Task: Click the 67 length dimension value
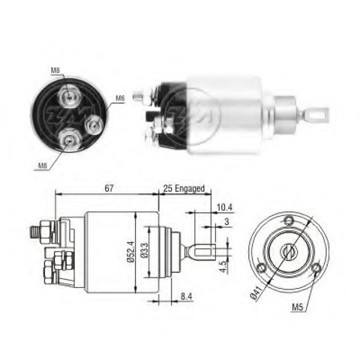click(109, 188)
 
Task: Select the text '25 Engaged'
click(184, 188)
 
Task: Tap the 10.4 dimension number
click(224, 207)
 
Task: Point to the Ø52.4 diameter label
click(130, 251)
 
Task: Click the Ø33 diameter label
click(144, 250)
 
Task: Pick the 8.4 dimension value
click(186, 296)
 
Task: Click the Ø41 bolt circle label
click(256, 292)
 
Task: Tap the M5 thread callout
click(298, 307)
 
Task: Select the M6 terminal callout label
click(120, 98)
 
